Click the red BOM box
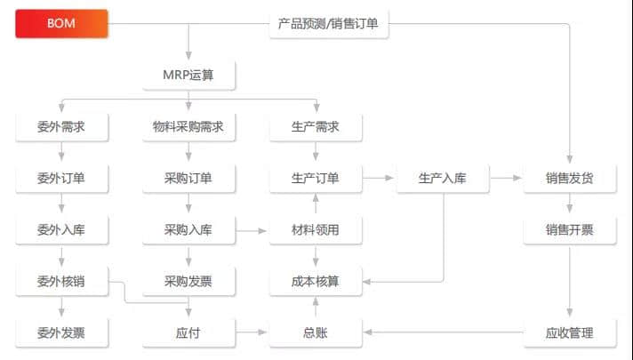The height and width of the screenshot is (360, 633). click(x=61, y=24)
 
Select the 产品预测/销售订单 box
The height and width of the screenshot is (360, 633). click(x=329, y=24)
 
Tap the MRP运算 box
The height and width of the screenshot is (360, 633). click(x=189, y=76)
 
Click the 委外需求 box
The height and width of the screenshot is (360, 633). click(x=61, y=126)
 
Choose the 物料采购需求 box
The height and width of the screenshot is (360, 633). click(x=188, y=126)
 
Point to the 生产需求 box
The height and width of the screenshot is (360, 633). click(x=316, y=126)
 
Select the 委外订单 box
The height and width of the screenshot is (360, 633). click(x=61, y=178)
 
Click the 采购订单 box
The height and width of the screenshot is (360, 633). click(x=188, y=178)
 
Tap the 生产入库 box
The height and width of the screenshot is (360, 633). click(x=442, y=178)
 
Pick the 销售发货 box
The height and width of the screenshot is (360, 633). click(x=570, y=178)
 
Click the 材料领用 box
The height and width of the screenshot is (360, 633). click(x=316, y=229)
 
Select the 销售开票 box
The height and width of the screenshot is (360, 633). click(x=570, y=229)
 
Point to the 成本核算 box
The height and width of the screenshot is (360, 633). click(x=316, y=282)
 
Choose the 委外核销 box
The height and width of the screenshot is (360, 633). click(x=61, y=282)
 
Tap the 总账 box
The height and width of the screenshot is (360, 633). click(x=316, y=333)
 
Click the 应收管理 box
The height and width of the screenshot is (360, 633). click(x=570, y=333)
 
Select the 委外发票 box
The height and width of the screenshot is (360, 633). click(x=61, y=333)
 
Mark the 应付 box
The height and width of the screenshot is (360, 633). click(x=188, y=333)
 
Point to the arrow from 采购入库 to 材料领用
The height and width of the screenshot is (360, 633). click(x=252, y=230)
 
